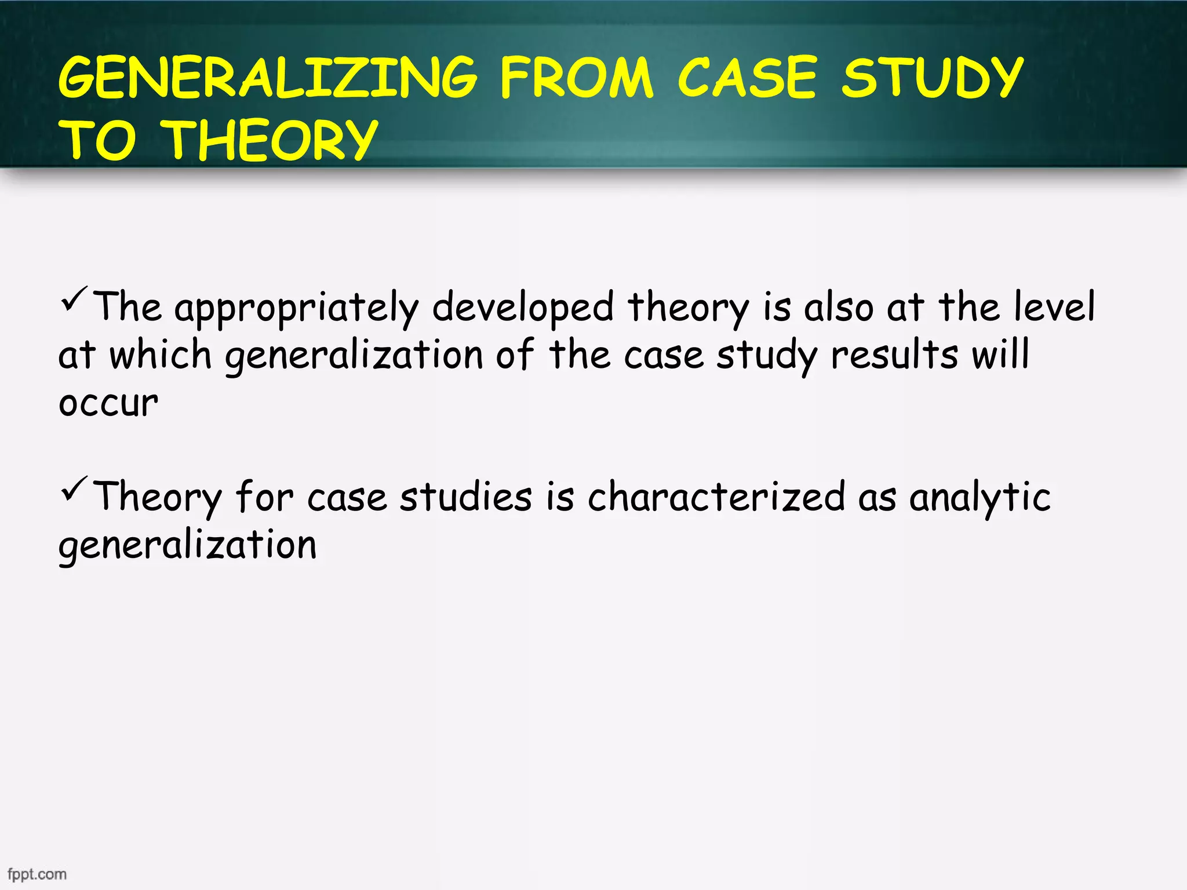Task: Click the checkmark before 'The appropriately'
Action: pyautogui.click(x=74, y=299)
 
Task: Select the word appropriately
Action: pyautogui.click(x=296, y=308)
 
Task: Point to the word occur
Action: pyautogui.click(x=108, y=403)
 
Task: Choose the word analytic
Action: pyautogui.click(x=980, y=498)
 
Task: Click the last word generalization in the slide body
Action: pyautogui.click(x=187, y=546)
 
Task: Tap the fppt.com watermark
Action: pyautogui.click(x=37, y=874)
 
